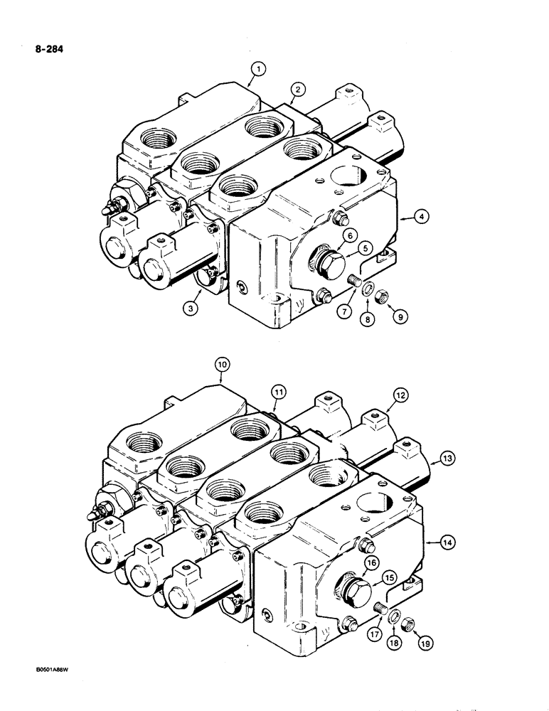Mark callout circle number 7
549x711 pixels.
pos(346,311)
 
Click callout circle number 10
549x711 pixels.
pos(222,365)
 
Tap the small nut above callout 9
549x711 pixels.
pos(382,294)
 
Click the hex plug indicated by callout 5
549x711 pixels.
pos(329,262)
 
